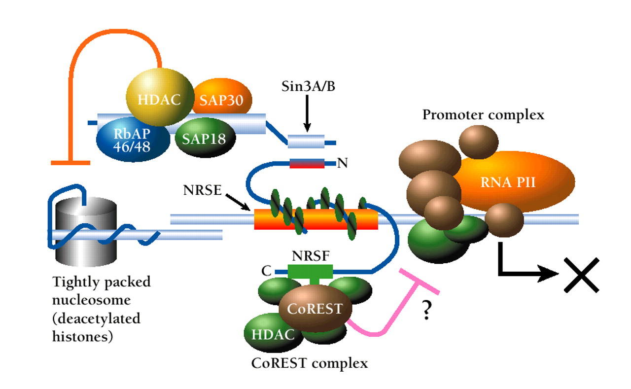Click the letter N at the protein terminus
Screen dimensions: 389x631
[x=342, y=163]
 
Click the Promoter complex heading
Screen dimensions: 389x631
[x=483, y=115]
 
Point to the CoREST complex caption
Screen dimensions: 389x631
[x=310, y=364]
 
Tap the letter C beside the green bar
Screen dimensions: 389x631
[x=267, y=271]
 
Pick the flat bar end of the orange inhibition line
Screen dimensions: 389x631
[x=70, y=162]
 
